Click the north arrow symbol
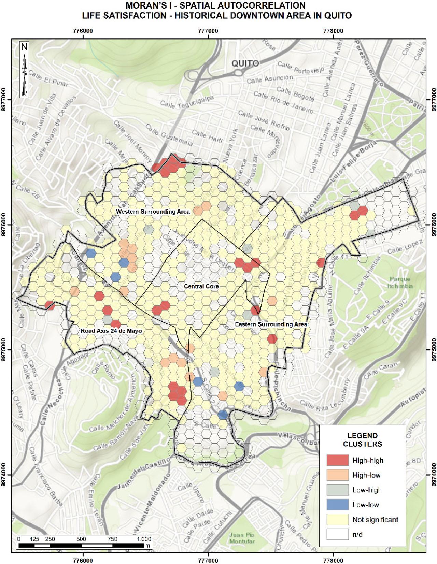[24, 70]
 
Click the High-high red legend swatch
[337, 460]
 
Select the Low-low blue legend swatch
[337, 505]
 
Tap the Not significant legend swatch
[337, 519]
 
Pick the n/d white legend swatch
[337, 534]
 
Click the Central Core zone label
[201, 286]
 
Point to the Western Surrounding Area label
[153, 212]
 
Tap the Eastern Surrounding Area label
[271, 324]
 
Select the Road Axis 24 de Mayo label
[111, 331]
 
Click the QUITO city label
[245, 63]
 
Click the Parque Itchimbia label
[400, 282]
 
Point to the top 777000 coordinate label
[208, 31]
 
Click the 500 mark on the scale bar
[81, 539]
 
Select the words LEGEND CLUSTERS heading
[362, 440]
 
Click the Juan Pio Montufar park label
[242, 538]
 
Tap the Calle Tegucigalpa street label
[187, 102]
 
